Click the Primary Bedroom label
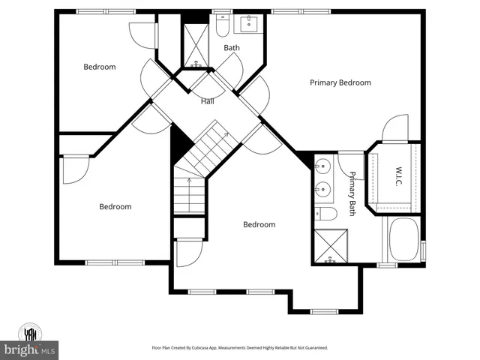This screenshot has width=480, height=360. (x=340, y=82)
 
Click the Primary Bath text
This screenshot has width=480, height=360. (x=352, y=194)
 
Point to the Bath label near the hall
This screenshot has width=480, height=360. (x=232, y=48)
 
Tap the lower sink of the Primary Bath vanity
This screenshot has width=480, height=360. (x=322, y=187)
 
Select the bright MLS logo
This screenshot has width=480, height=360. (x=30, y=350)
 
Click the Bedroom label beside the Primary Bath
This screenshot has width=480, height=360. (x=259, y=224)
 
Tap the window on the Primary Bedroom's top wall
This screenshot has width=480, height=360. (x=293, y=11)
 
